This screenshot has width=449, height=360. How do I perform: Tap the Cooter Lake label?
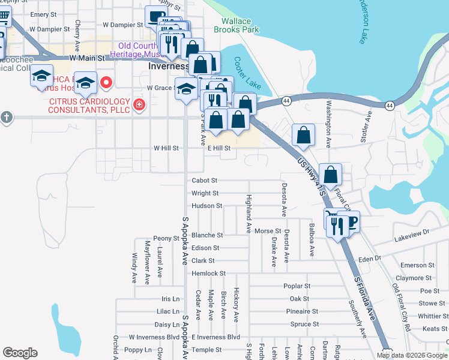(x=247, y=73)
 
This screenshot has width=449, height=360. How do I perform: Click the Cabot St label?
(x=204, y=180)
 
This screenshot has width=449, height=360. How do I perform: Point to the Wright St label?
(x=205, y=193)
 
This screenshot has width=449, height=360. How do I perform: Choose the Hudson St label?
(x=207, y=205)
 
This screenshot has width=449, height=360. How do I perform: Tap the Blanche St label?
(x=207, y=235)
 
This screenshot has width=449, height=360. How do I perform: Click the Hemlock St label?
(x=208, y=273)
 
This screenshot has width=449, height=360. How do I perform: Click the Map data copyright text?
(x=411, y=355)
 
